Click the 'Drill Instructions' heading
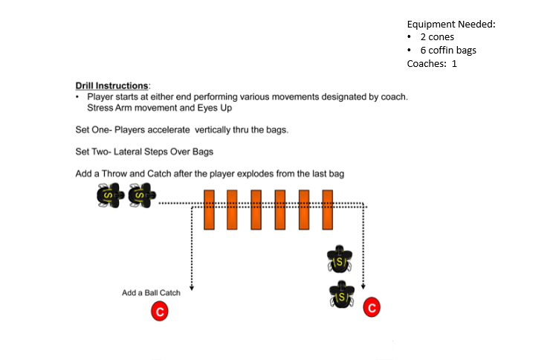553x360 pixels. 112,86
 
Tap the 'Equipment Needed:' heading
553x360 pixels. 451,24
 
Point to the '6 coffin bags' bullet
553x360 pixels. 448,51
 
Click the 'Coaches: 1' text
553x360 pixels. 432,64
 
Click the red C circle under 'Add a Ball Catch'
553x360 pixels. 158,311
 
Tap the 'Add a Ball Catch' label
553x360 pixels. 151,293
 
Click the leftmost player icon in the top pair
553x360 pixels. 109,196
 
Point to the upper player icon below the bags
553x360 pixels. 340,260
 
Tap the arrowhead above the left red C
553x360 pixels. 193,286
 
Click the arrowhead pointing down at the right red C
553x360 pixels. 363,286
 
